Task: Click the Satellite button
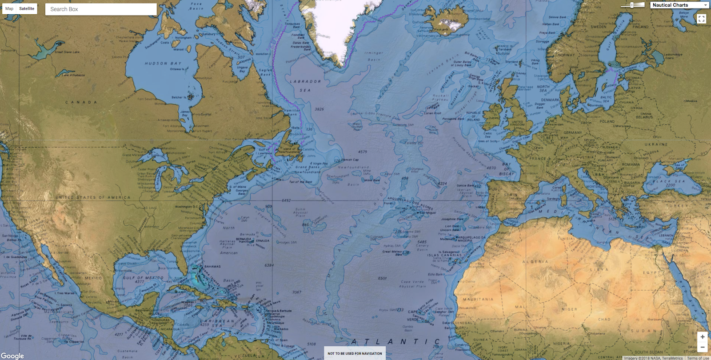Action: point(27,8)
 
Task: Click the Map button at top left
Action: point(9,8)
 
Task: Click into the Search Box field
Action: point(101,9)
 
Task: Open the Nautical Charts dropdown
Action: point(679,5)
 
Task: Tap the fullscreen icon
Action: point(701,19)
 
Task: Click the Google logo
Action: point(12,356)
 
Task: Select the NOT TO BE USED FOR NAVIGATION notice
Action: point(355,353)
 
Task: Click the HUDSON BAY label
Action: point(163,64)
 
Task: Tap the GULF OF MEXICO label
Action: point(143,278)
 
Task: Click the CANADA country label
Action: point(81,102)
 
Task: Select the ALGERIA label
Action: point(535,262)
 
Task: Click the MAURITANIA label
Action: point(478,299)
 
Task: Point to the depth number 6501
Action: point(382,278)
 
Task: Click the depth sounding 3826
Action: point(319,109)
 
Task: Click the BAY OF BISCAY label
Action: point(507,169)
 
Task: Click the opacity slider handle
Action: point(632,5)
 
